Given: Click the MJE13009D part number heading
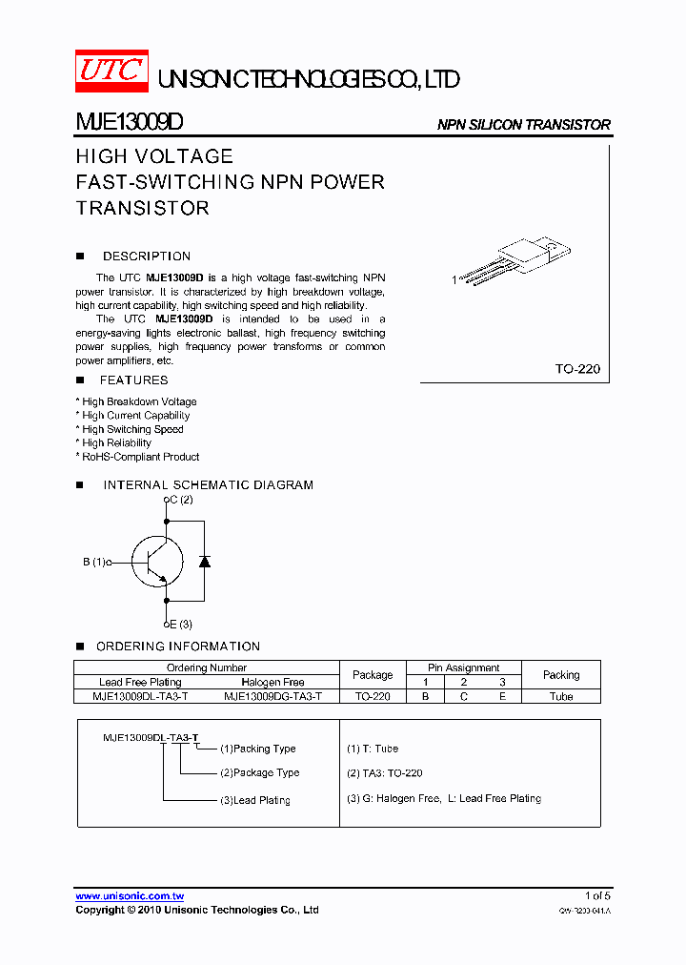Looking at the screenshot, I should click(130, 124).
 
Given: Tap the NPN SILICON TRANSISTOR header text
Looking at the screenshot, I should click(523, 125).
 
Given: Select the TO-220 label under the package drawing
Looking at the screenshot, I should click(577, 368).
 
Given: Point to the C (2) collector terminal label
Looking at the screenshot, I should click(179, 500).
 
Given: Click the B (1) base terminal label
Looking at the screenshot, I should click(93, 563).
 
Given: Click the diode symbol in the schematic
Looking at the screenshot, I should click(204, 561).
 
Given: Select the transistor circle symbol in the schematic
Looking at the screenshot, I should click(157, 562).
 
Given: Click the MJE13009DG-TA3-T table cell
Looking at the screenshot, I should click(273, 697).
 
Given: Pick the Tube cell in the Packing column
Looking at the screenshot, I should click(561, 697).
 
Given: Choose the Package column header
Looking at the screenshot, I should click(373, 675).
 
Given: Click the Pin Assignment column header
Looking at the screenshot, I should click(464, 667).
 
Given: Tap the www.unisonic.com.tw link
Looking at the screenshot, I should click(130, 896).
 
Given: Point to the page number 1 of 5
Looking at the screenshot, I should click(597, 895).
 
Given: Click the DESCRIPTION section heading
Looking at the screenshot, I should click(147, 257).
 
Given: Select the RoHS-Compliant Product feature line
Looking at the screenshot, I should click(140, 457).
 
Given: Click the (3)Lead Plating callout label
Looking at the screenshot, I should click(255, 800).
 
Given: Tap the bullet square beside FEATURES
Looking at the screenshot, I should click(80, 380).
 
